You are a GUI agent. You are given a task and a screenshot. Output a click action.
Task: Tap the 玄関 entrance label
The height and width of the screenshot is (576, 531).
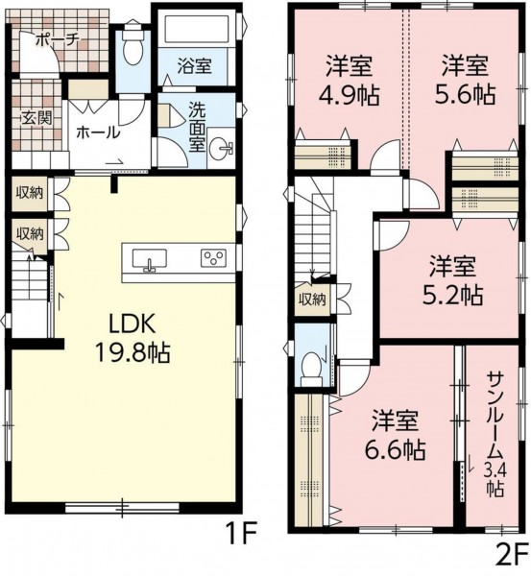point(36,118)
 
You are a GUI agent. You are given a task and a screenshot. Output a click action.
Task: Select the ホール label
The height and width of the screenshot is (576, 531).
point(98,132)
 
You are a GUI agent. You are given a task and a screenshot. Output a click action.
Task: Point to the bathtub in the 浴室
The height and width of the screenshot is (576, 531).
point(198,28)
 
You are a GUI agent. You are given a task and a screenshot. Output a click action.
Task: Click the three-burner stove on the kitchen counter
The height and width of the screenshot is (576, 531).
point(213,258)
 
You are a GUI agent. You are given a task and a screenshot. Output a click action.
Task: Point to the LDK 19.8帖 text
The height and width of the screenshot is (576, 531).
point(133,339)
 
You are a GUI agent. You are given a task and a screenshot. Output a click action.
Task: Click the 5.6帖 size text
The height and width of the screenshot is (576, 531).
point(465,95)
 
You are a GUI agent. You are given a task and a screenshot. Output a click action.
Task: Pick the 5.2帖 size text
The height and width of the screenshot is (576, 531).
point(452,295)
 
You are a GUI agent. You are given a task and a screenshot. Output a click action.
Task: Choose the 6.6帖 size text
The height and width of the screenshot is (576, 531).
point(395,449)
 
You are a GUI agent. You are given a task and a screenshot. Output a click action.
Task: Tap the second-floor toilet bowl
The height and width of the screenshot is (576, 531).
point(311,365)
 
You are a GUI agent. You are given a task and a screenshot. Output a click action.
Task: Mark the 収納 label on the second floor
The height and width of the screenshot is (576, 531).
point(312,300)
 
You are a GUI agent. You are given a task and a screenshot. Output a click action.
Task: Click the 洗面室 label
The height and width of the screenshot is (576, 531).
point(197,126)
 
